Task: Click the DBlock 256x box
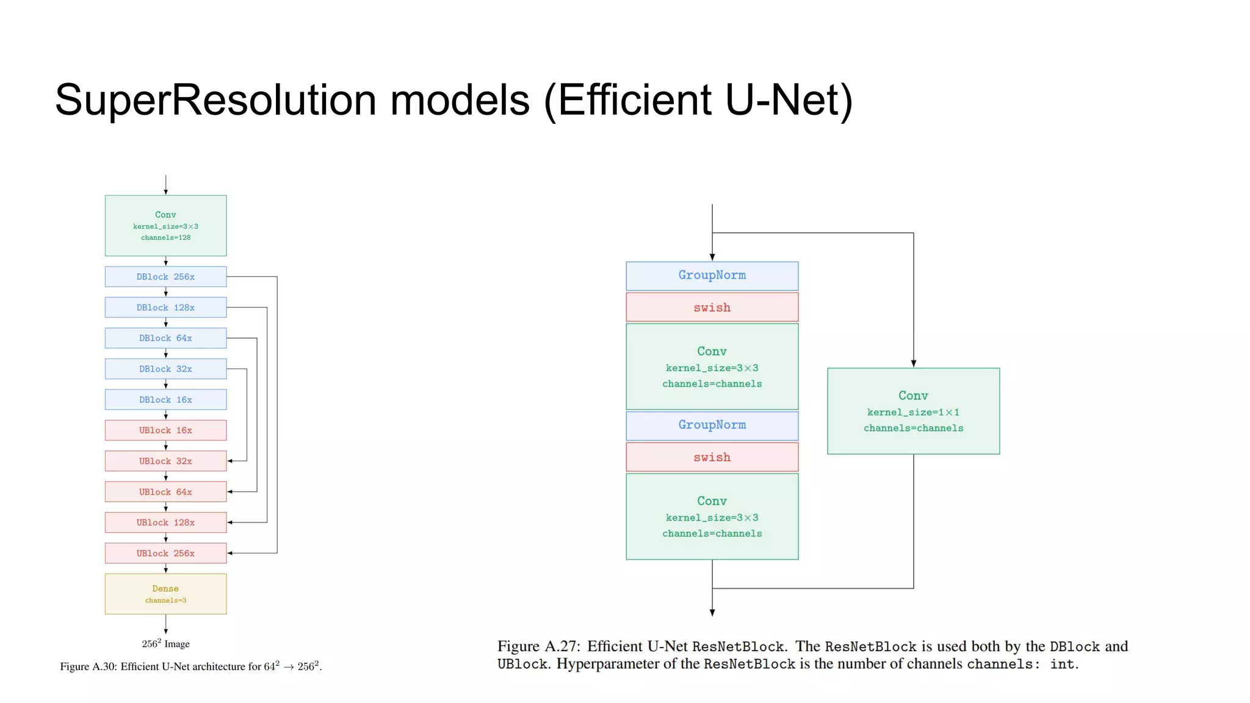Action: point(165,277)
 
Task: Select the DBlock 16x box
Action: point(165,400)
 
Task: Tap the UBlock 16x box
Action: point(165,430)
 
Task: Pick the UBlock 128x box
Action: point(165,522)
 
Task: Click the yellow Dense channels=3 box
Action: point(165,594)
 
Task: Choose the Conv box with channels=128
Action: point(165,226)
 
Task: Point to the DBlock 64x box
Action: point(165,338)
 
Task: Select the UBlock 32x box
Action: point(165,461)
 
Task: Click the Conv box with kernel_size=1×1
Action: point(913,411)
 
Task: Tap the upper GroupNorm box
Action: point(712,276)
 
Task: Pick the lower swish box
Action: point(712,457)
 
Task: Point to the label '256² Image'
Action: point(165,644)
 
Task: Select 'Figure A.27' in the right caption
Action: point(538,646)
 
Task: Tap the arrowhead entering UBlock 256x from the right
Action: point(230,553)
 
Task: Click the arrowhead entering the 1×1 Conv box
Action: point(914,364)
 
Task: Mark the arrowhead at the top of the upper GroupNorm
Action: point(712,258)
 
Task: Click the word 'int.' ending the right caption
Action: point(1064,664)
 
